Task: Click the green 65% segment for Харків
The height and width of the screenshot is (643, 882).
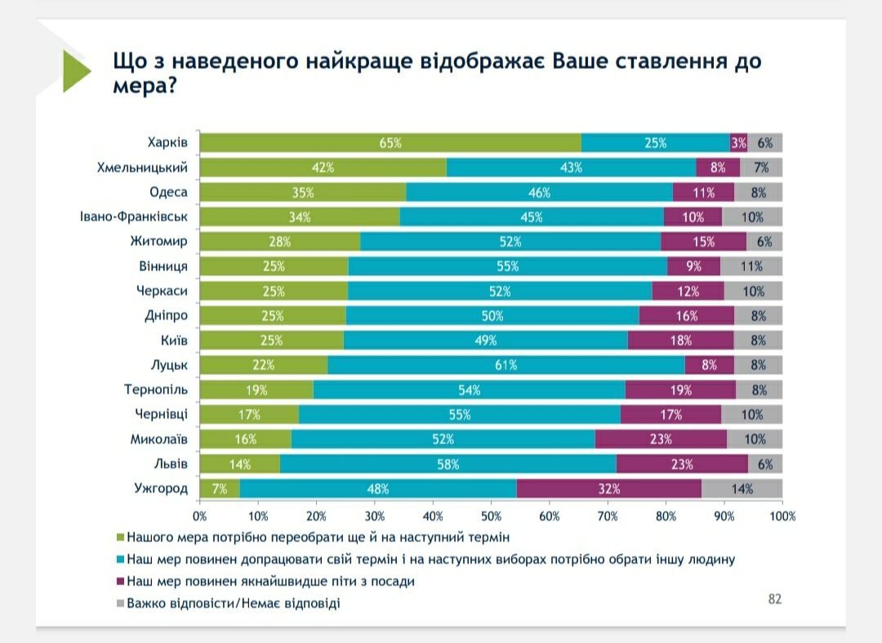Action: [390, 143]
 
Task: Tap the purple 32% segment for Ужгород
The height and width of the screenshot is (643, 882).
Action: [608, 489]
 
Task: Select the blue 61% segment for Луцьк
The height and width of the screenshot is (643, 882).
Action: [506, 365]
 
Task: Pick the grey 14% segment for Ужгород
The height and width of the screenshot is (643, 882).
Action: [742, 489]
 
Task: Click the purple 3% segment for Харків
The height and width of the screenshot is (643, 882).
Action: [738, 143]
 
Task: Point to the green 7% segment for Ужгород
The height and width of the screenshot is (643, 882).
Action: [220, 489]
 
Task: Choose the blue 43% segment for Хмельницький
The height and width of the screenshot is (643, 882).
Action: [571, 168]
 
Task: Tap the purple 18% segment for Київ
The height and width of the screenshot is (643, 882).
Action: [681, 340]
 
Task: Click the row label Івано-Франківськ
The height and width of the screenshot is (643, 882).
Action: [134, 217]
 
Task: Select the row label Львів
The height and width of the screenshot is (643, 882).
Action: [171, 463]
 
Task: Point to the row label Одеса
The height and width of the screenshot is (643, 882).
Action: [168, 193]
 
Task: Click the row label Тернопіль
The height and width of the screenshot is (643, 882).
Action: [156, 390]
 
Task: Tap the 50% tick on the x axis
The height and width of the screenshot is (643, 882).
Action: [491, 517]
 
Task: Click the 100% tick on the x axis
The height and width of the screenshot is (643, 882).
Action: [782, 517]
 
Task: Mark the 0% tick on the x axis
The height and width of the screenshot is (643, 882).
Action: [200, 517]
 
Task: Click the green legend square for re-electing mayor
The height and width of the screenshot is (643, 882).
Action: [121, 538]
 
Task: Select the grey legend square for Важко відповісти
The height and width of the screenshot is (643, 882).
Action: [121, 604]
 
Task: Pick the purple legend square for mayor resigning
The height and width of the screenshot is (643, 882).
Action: [121, 582]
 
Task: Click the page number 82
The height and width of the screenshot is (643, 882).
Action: [774, 599]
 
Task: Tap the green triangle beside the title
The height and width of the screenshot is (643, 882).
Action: [76, 72]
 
